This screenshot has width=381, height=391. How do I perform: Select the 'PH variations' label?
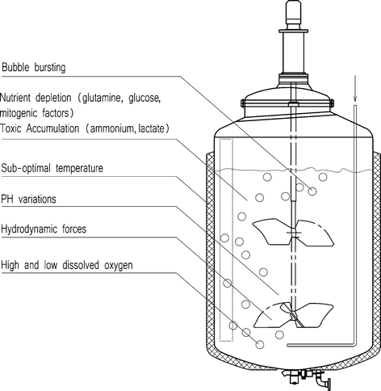click(30, 199)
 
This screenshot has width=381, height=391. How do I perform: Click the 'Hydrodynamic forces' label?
click(45, 229)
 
